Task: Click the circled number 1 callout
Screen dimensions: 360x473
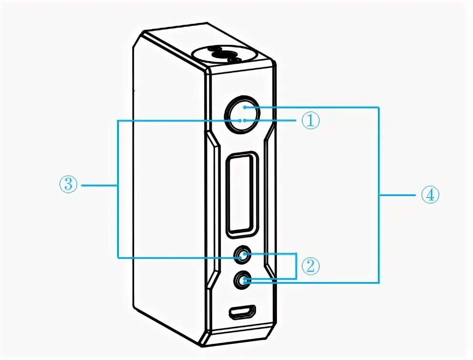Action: click(x=309, y=120)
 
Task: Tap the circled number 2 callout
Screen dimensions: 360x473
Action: click(x=309, y=266)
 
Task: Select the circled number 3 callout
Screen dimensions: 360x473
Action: click(x=69, y=184)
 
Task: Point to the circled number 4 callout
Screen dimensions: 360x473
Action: click(x=430, y=195)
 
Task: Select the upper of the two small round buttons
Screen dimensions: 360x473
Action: click(x=243, y=255)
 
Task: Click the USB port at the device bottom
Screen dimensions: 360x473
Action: click(x=243, y=312)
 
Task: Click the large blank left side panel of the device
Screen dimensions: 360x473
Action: click(x=169, y=190)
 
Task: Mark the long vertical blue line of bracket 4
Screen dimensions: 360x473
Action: click(x=379, y=195)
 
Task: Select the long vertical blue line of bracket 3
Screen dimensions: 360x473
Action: click(x=118, y=189)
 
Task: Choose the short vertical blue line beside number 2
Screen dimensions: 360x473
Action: click(x=296, y=266)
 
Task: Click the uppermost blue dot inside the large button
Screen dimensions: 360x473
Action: click(x=244, y=108)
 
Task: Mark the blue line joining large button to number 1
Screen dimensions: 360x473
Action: click(x=271, y=120)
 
